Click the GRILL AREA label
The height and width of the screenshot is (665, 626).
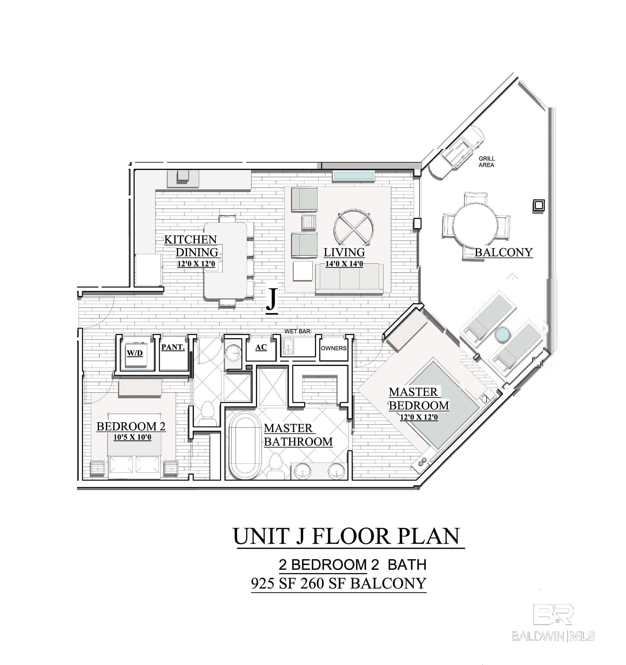pyautogui.click(x=486, y=162)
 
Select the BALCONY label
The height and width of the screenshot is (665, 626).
pyautogui.click(x=504, y=252)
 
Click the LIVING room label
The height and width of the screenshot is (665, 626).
pyautogui.click(x=344, y=252)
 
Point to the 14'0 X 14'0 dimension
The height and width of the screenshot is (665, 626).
pyautogui.click(x=344, y=264)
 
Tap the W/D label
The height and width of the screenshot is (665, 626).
pyautogui.click(x=135, y=353)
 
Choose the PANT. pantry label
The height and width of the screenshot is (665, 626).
pyautogui.click(x=173, y=347)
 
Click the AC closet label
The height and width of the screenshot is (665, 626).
pyautogui.click(x=261, y=347)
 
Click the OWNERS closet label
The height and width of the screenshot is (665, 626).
pyautogui.click(x=334, y=348)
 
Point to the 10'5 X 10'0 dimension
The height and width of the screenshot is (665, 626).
pyautogui.click(x=132, y=437)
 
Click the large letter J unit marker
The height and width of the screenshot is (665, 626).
pyautogui.click(x=272, y=299)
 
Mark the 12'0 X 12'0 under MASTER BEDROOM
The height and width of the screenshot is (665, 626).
pyautogui.click(x=419, y=417)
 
